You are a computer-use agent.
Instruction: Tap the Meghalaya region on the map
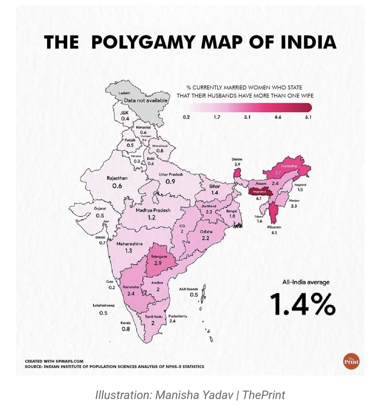pos(258,192)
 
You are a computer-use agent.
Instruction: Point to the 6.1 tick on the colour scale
pos(308,117)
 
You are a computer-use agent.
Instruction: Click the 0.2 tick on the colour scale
pos(186,117)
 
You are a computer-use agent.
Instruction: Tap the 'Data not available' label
pos(146,101)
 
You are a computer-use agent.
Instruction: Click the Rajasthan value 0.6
pos(117,186)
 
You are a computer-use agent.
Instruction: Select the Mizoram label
pos(274,227)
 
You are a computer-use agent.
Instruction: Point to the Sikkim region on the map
pos(237,173)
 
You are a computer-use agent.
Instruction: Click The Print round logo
pos(351,361)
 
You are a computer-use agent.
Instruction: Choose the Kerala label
pos(126,323)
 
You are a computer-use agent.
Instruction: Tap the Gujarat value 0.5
pos(100,215)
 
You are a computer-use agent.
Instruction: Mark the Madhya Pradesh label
pos(153,210)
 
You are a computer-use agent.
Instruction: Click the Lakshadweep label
pos(103,305)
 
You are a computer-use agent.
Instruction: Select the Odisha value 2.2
pos(205,238)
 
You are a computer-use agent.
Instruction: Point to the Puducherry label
pos(178,316)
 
